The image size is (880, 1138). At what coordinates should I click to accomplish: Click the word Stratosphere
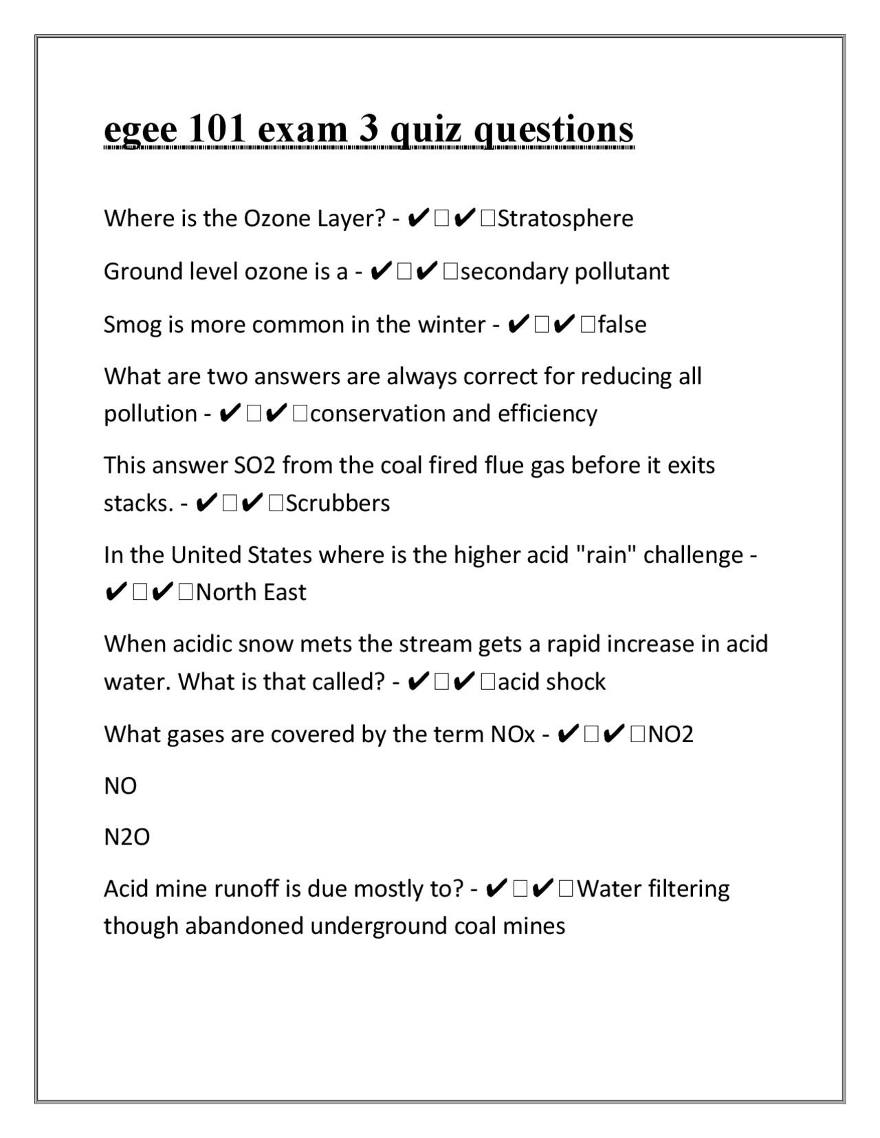[x=565, y=219]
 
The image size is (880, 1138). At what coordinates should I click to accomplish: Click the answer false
[x=622, y=324]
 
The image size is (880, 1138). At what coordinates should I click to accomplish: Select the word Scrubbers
[x=338, y=503]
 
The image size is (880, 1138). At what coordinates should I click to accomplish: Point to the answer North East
[x=251, y=592]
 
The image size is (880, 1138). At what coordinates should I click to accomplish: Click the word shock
[x=575, y=682]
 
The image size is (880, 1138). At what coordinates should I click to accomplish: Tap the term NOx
[x=513, y=735]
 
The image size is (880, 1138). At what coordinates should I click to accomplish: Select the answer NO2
[x=671, y=735]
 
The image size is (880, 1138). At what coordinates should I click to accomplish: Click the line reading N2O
[x=126, y=837]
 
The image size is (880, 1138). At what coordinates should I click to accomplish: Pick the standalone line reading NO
[x=120, y=786]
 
